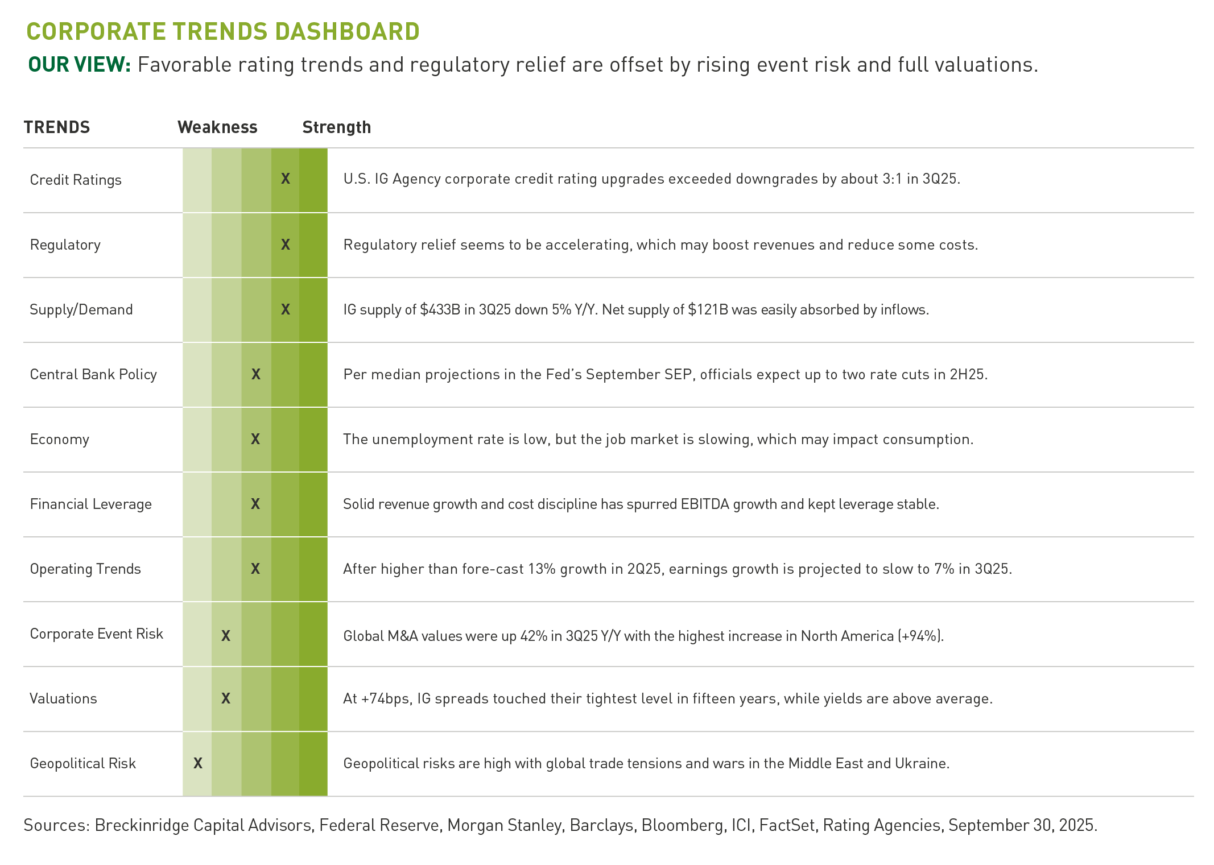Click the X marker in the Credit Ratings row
point(286,179)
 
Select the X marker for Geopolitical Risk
point(198,763)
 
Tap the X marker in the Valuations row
point(226,698)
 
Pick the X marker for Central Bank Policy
point(256,374)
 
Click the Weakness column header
point(217,127)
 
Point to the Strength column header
point(336,127)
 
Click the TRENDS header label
point(57,127)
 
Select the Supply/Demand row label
point(81,309)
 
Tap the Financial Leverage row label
point(91,504)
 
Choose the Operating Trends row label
point(85,569)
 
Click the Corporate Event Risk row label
point(97,634)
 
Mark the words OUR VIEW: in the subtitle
point(80,65)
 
